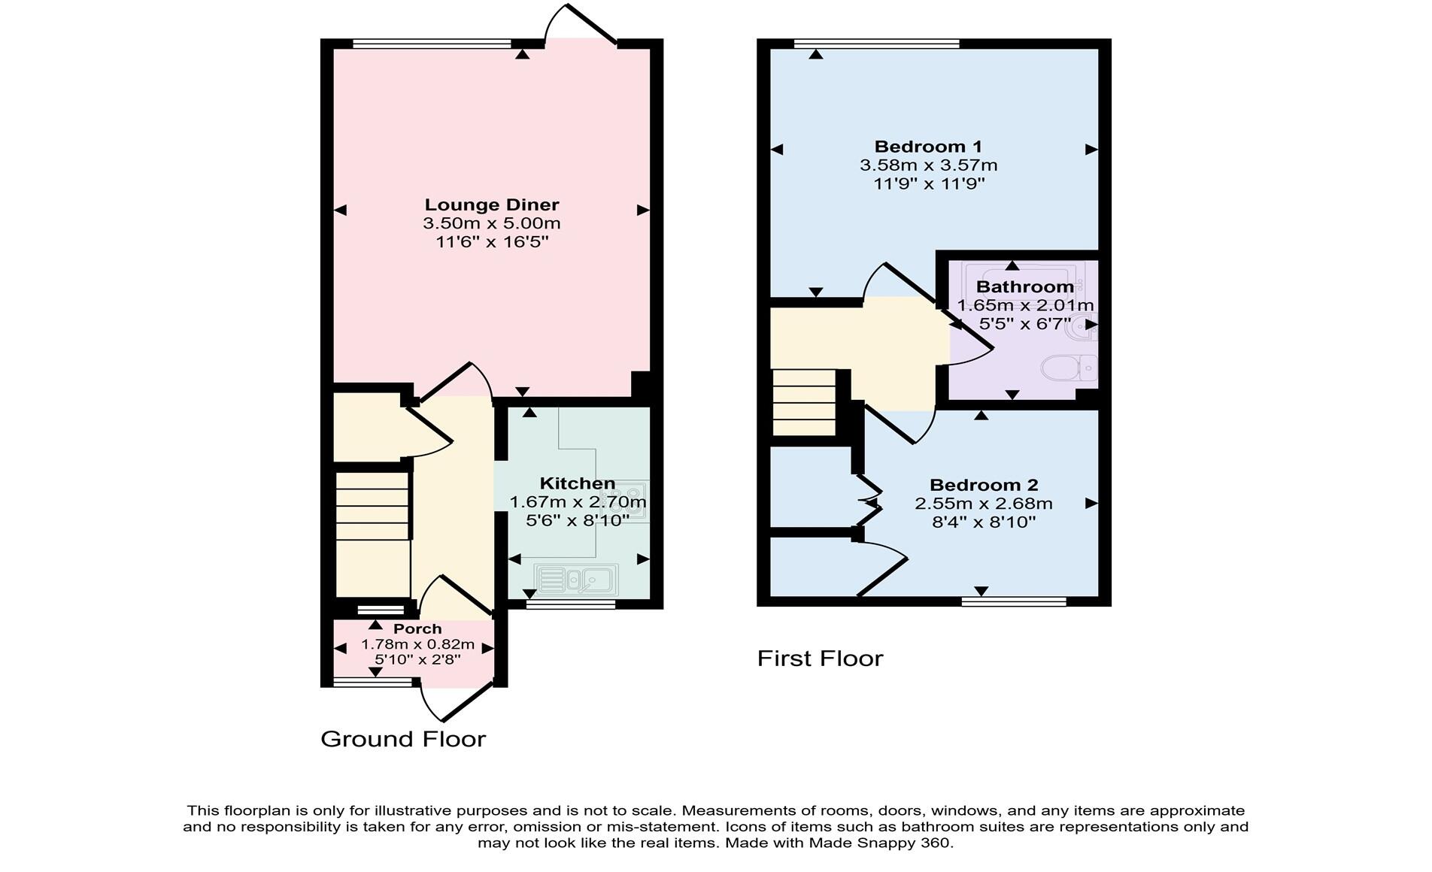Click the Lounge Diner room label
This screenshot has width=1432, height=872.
(x=492, y=204)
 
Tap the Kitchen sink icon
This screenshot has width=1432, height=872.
(x=576, y=579)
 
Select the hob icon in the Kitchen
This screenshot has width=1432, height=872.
(x=630, y=500)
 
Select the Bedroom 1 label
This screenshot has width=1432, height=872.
(x=928, y=147)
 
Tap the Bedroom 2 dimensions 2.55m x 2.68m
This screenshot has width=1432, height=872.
(x=983, y=504)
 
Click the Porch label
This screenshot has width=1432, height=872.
(x=417, y=628)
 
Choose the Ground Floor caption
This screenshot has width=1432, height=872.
(x=403, y=739)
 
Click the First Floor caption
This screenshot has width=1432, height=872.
(x=820, y=659)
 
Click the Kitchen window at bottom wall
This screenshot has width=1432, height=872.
(x=570, y=604)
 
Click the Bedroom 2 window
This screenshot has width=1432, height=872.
(x=1014, y=601)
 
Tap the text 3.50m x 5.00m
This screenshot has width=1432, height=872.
(x=492, y=223)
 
